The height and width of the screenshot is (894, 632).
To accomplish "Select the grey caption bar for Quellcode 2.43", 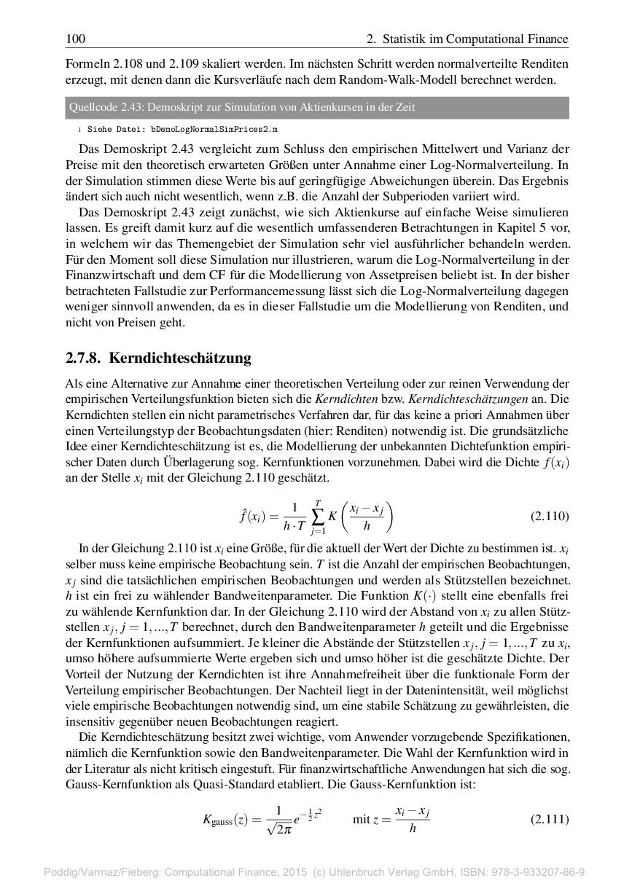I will [x=316, y=108].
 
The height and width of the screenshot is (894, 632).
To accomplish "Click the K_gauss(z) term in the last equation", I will [x=227, y=820].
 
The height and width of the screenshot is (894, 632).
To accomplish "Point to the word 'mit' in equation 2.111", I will [x=361, y=819].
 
